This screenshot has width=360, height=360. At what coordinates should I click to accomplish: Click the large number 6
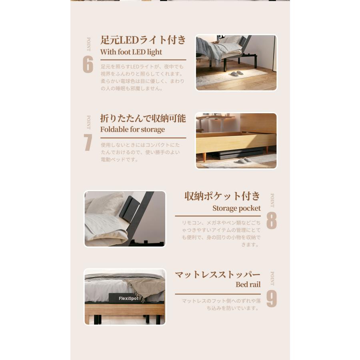click(88, 64)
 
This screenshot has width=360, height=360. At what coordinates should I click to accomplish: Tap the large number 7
click(88, 142)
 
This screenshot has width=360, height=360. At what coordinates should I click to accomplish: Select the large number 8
click(272, 220)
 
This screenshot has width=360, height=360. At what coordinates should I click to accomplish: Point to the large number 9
click(272, 298)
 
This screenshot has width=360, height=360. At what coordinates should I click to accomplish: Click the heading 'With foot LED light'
click(131, 52)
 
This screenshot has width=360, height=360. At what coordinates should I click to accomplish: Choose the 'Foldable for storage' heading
click(132, 130)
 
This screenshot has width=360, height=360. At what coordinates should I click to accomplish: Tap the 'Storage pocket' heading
click(236, 208)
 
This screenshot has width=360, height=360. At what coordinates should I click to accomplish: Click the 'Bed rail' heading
click(248, 285)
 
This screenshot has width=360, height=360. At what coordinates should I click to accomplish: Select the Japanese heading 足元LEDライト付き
click(143, 40)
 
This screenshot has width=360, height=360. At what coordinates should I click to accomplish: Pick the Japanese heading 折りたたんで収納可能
click(143, 118)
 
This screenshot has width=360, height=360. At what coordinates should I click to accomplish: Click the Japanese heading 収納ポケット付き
click(222, 196)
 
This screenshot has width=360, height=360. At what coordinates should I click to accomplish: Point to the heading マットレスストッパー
click(218, 275)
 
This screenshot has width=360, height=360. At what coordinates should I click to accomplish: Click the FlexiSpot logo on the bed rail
click(128, 298)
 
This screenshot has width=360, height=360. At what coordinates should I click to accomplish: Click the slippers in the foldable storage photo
click(242, 161)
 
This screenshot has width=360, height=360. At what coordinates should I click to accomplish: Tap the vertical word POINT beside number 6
click(89, 44)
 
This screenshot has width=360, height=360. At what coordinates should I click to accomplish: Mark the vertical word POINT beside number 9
click(272, 278)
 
